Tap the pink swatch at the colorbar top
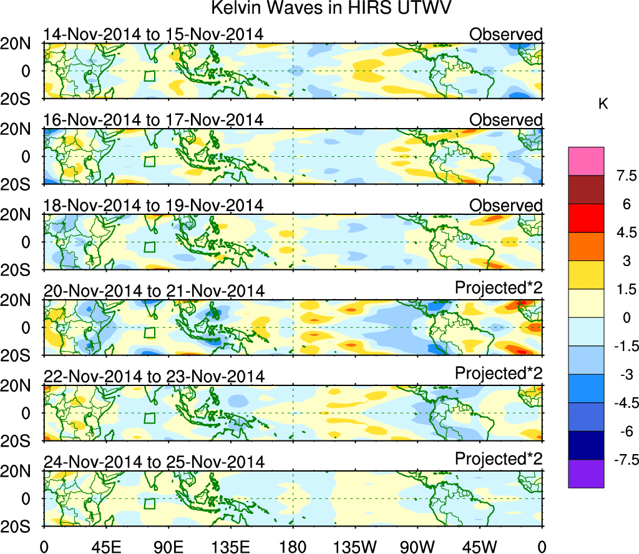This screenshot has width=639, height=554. tap(586, 161)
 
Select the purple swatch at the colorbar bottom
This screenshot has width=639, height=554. tap(586, 473)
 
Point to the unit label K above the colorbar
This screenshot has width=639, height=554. tap(603, 104)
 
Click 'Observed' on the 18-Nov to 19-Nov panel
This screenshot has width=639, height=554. tap(506, 205)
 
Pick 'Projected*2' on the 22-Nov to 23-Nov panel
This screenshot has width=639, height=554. tap(499, 373)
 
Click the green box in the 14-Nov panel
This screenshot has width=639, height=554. tap(149, 76)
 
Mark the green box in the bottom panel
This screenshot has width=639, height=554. tap(149, 504)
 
